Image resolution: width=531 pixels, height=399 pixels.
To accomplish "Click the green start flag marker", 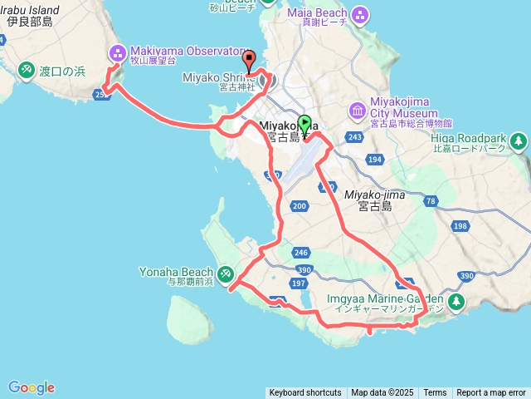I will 304,125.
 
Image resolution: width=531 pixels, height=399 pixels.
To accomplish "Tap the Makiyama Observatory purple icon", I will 116,53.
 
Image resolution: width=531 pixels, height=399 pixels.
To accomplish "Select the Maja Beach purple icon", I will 360,14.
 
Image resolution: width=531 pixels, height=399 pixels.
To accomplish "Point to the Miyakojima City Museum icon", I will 357,109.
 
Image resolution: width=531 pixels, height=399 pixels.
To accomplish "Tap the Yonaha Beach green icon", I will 226,273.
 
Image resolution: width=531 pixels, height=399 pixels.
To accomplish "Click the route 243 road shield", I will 356,136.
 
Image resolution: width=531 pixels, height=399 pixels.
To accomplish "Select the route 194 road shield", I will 374,159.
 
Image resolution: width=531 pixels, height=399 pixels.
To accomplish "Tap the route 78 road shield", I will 430,201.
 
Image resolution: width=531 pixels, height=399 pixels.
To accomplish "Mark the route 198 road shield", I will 460,225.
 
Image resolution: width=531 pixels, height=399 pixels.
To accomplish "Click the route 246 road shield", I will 300,252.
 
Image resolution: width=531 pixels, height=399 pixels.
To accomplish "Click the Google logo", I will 32,387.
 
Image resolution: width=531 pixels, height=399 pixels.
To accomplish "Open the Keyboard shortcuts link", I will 305,393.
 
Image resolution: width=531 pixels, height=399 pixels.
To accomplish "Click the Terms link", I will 435,393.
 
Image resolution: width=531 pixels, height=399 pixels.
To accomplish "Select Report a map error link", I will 491,393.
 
